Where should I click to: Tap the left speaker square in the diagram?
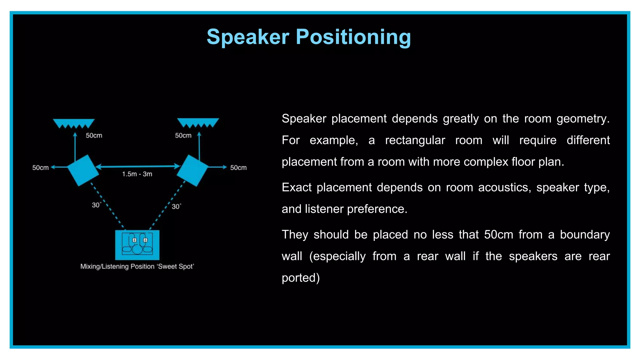[83, 170]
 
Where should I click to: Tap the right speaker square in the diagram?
[193, 170]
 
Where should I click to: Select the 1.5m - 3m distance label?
[137, 174]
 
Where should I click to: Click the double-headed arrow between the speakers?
[137, 166]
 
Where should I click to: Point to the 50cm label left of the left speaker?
[40, 168]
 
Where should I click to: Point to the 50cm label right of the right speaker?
[238, 168]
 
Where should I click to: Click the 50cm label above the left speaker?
[94, 136]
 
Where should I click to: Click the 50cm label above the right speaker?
[183, 136]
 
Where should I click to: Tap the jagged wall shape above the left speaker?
[74, 123]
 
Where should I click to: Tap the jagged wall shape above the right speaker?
[198, 122]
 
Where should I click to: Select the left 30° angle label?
[96, 205]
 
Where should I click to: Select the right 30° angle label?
[176, 207]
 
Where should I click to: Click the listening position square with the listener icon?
[137, 245]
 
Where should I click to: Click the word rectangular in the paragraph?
[415, 140]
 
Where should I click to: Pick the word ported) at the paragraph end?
[301, 278]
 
